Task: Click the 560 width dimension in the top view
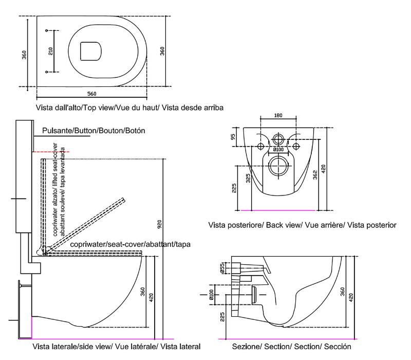point(92,93)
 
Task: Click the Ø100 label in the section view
point(211,295)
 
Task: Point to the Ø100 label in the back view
point(278,150)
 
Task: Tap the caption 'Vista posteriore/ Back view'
point(302,225)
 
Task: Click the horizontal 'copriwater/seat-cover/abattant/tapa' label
point(130,244)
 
